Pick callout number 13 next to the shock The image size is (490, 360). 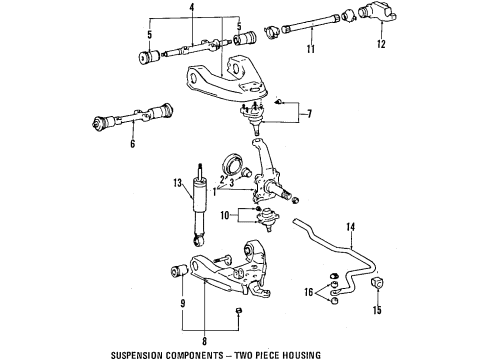tap(176, 184)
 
